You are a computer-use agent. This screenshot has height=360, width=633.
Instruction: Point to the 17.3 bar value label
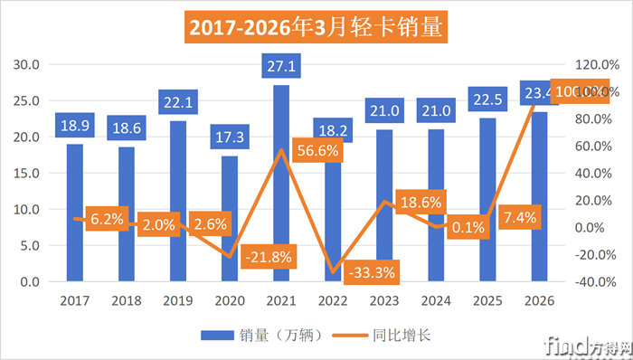230,137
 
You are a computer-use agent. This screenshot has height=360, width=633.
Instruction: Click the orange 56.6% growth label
317,151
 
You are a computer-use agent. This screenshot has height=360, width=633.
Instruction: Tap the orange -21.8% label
269,257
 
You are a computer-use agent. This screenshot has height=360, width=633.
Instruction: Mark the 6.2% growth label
105,219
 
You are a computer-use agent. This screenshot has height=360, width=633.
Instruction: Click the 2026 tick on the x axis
540,300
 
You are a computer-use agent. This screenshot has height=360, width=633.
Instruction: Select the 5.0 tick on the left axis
30,245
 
